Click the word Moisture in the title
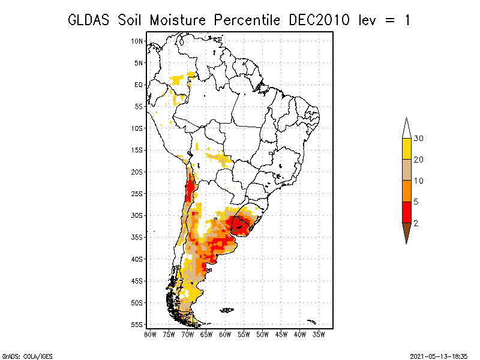tap(178, 20)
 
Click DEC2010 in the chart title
tap(319, 20)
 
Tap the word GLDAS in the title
tap(88, 20)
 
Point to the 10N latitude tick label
tap(137, 41)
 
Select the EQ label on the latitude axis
tap(139, 85)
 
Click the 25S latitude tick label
tap(137, 194)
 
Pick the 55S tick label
tap(137, 325)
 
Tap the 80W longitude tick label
tap(150, 335)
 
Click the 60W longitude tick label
tap(225, 335)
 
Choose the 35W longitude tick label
tap(319, 335)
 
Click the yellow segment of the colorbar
tap(407, 149)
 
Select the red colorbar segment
tap(407, 212)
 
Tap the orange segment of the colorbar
tap(407, 191)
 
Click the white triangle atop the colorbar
tap(407, 129)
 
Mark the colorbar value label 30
tap(418, 139)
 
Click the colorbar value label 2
tap(416, 223)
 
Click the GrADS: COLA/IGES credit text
tap(28, 356)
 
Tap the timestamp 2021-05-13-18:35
tap(439, 356)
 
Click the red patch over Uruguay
tap(241, 226)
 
